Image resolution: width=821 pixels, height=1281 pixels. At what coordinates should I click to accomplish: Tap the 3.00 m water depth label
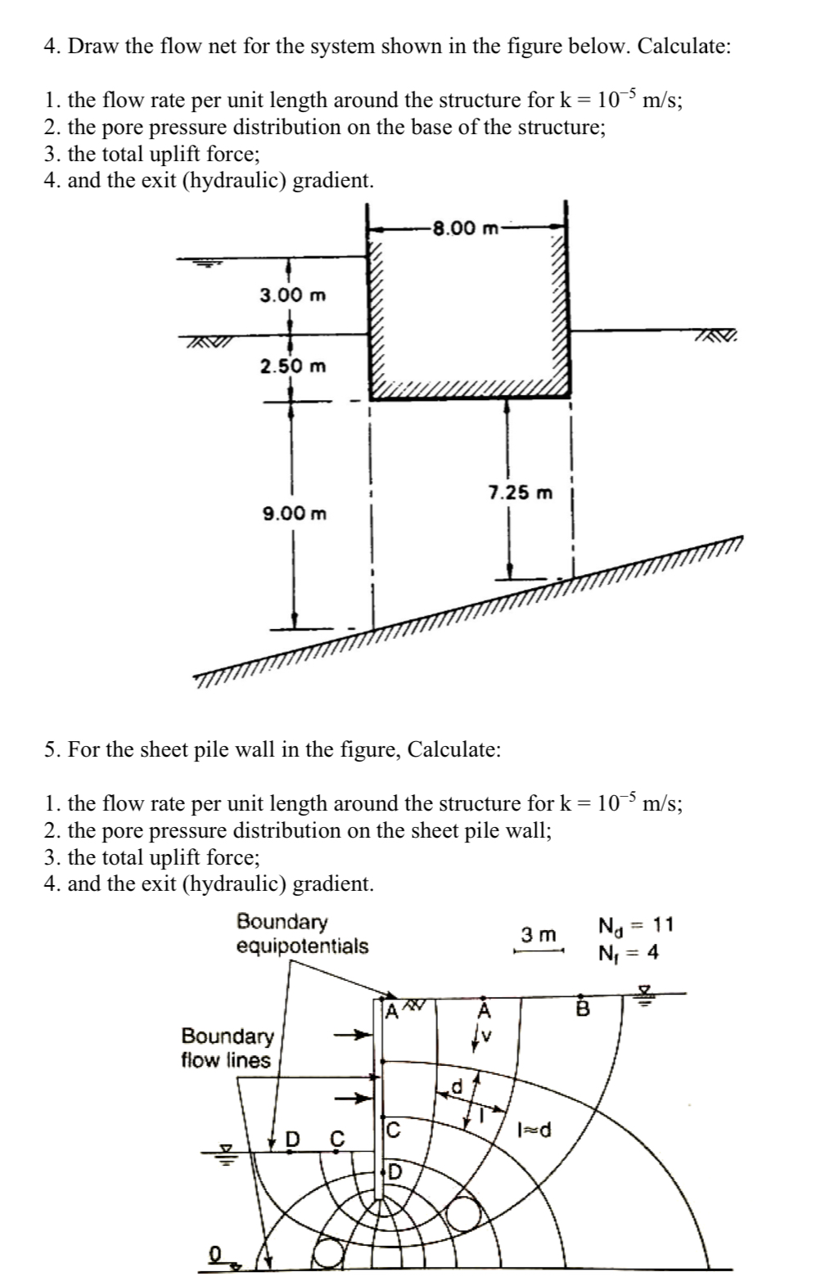pos(292,294)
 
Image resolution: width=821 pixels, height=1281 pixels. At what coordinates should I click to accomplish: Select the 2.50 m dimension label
pos(292,366)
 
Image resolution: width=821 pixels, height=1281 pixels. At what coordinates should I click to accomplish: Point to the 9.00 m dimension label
pos(294,514)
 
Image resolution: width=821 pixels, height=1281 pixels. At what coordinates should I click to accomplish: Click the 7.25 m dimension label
pos(520,493)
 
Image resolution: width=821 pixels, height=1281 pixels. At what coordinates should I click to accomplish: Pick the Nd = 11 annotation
pos(636,926)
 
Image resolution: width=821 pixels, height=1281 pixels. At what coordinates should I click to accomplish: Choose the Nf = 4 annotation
pos(629,953)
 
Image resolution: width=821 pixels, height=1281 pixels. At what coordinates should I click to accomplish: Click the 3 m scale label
pos(539,934)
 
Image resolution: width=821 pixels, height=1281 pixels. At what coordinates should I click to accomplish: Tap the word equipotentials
pos(302,946)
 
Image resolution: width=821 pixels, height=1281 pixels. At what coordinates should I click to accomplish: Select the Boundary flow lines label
pos(227,1048)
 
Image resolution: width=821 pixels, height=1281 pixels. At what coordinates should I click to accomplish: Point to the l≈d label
pos(535,1130)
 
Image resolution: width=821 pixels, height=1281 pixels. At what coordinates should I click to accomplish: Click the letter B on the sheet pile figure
pos(584,1009)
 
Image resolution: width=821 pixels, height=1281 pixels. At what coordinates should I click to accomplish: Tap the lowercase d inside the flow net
pos(457,1087)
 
